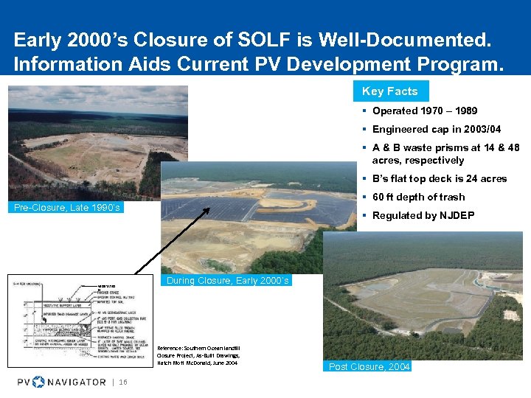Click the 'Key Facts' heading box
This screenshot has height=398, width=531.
[390, 91]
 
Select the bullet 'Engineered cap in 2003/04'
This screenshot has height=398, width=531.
[432, 130]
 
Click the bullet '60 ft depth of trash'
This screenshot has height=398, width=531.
[418, 197]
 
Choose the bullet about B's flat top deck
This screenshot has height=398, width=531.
[440, 178]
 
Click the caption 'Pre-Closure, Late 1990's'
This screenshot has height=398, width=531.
[67, 208]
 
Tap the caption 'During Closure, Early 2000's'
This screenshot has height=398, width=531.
[228, 281]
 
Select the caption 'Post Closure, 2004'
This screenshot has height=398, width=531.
[369, 366]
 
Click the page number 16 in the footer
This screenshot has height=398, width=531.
[123, 382]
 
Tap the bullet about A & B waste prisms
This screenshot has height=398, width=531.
[445, 154]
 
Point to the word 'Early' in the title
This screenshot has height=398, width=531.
[39, 38]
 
